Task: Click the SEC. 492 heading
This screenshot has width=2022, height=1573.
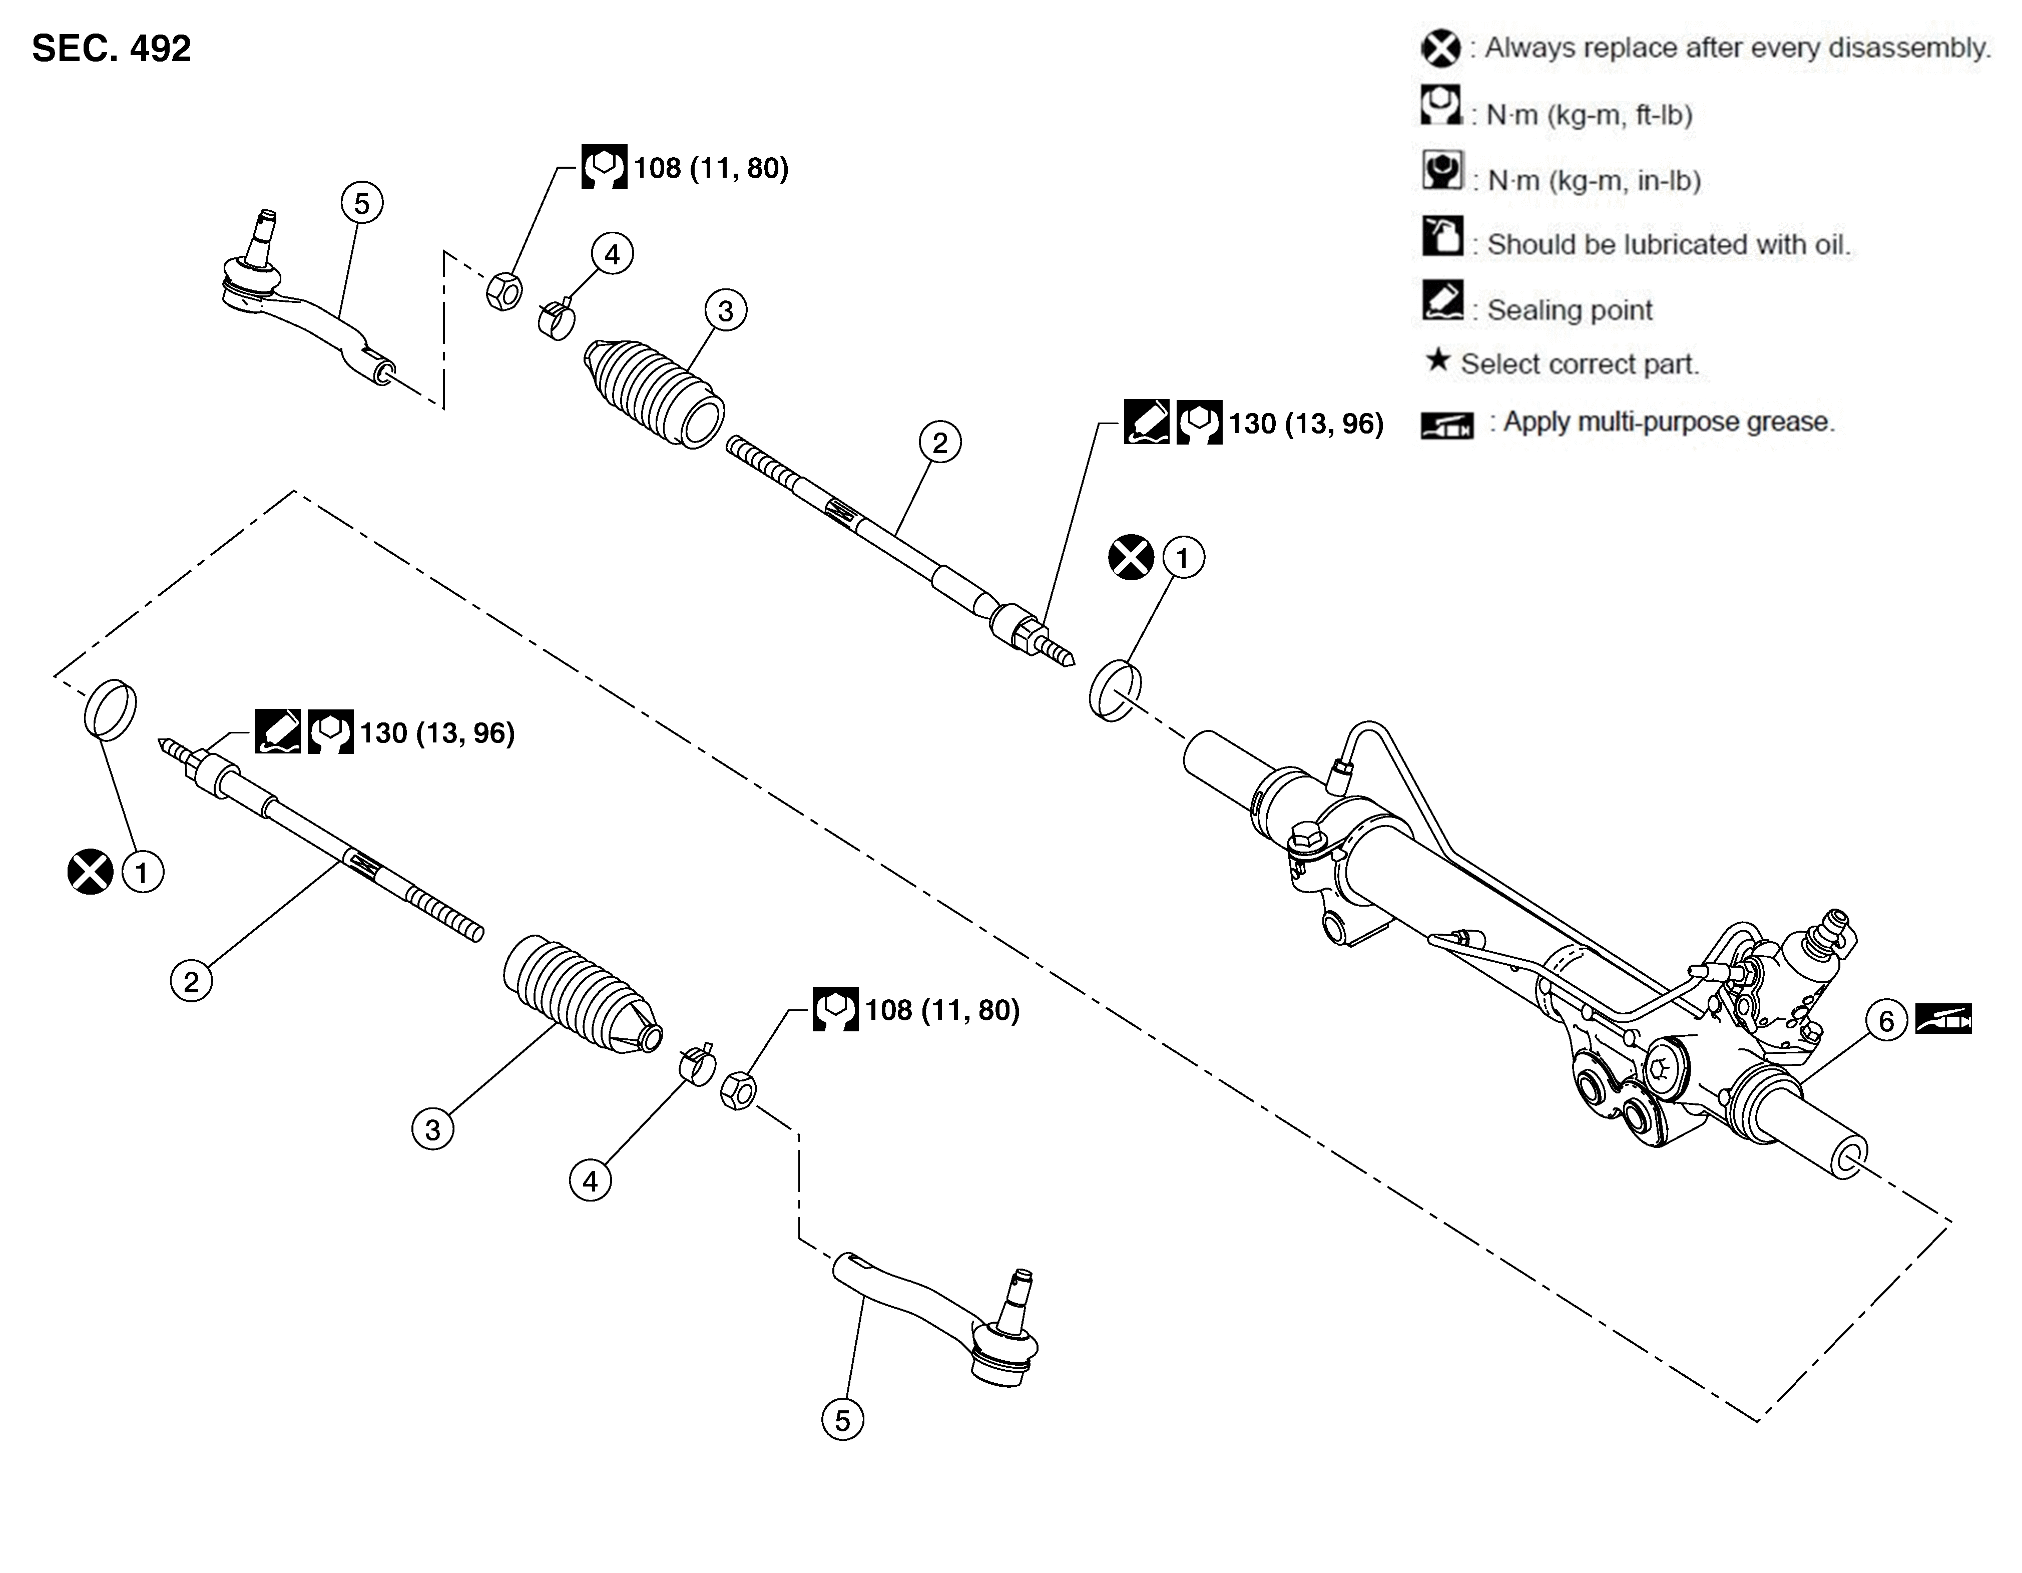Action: pos(111,48)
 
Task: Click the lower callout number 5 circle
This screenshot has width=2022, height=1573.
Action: pos(841,1420)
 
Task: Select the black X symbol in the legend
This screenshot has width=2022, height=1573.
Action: pos(1440,48)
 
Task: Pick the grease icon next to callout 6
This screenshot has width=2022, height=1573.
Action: pos(1943,1019)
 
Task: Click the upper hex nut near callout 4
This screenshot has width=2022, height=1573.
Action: pos(503,291)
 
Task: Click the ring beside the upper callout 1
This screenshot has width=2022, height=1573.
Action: pos(1115,690)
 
